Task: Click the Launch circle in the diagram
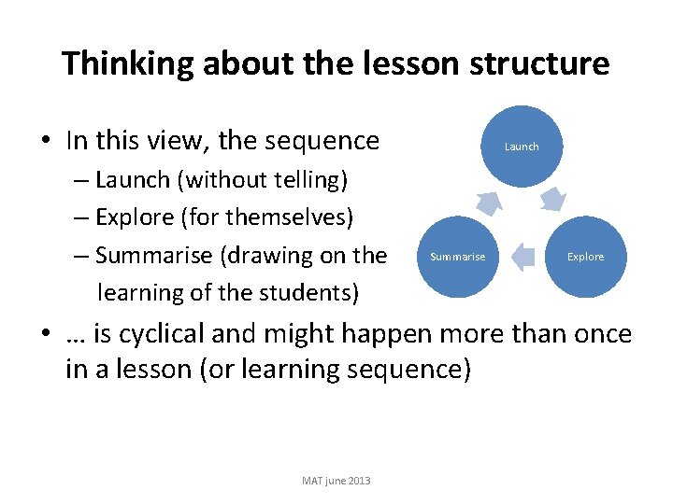(522, 146)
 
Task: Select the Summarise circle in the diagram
(457, 257)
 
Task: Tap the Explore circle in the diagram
(586, 257)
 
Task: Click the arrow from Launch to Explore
(553, 199)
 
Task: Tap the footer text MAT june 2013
(336, 481)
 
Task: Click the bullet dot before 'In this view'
(45, 142)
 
